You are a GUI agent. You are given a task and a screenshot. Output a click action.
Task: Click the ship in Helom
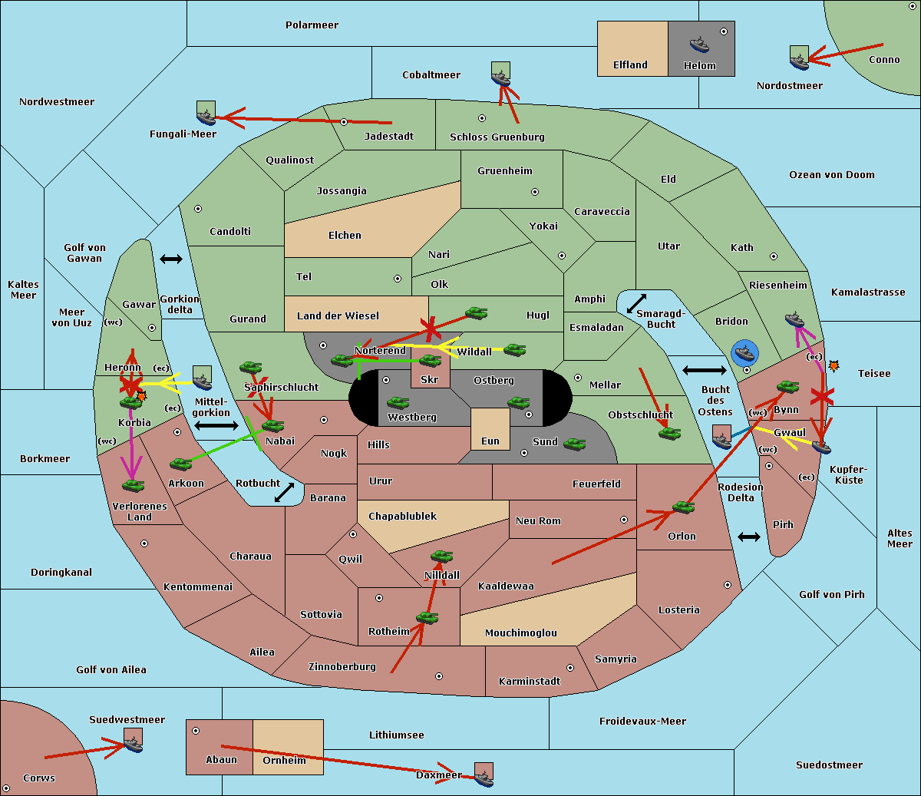[x=699, y=45]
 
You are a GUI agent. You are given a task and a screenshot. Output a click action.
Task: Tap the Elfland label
[x=630, y=65]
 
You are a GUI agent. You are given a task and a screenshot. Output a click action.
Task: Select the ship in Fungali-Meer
[x=206, y=117]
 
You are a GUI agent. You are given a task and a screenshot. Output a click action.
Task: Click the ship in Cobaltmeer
[x=501, y=78]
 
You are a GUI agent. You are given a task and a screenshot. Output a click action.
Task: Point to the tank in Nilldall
[x=441, y=557]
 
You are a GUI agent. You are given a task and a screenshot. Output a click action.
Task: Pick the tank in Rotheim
[x=427, y=618]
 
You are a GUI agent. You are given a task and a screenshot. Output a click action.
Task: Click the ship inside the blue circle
[x=744, y=353]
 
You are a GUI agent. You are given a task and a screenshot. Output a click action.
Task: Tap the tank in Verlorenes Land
[x=134, y=485]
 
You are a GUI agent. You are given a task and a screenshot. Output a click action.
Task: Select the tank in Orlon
[x=684, y=507]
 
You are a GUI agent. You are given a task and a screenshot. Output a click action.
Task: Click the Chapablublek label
[x=402, y=516]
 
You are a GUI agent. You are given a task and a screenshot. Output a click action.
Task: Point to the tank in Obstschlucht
[x=670, y=433]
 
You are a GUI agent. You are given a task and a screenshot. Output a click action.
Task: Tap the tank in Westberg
[x=398, y=403]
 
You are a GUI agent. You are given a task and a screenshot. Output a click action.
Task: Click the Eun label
[x=490, y=441]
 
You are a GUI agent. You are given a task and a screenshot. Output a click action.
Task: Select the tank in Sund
[x=574, y=444]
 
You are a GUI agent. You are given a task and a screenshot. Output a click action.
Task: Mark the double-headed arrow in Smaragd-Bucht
[x=636, y=303]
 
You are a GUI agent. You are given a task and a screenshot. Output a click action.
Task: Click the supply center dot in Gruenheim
[x=535, y=192]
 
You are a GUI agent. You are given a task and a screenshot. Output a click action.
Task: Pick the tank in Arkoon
[x=181, y=464]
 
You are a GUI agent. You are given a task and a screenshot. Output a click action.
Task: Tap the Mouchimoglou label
[x=521, y=633]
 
